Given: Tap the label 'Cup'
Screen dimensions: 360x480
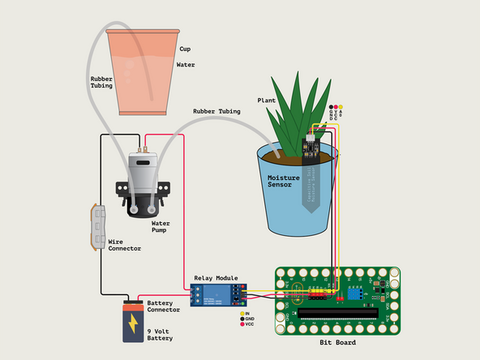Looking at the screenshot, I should click(185, 49).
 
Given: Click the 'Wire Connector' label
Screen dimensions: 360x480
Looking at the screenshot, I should click(124, 245).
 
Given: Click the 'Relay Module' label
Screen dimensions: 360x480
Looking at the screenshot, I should click(217, 277).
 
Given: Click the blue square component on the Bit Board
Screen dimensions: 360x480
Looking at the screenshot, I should click(354, 288).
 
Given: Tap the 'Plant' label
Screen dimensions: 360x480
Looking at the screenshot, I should click(267, 101).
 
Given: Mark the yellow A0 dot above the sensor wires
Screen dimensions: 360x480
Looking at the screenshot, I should click(341, 107).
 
